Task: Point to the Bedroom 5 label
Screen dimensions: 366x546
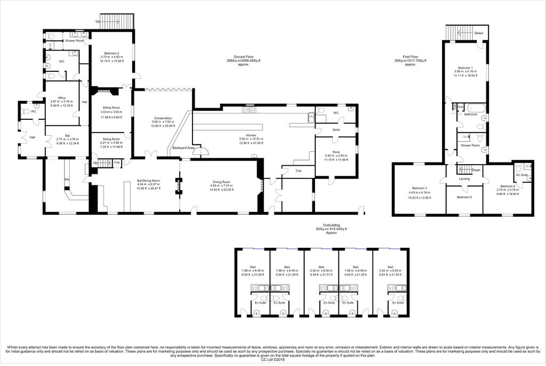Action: point(464,197)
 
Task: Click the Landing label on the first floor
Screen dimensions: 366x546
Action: point(464,178)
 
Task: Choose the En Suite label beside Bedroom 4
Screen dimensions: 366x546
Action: point(520,175)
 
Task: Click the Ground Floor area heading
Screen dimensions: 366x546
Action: point(243,56)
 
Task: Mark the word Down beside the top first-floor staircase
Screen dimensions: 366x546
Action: point(479,33)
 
